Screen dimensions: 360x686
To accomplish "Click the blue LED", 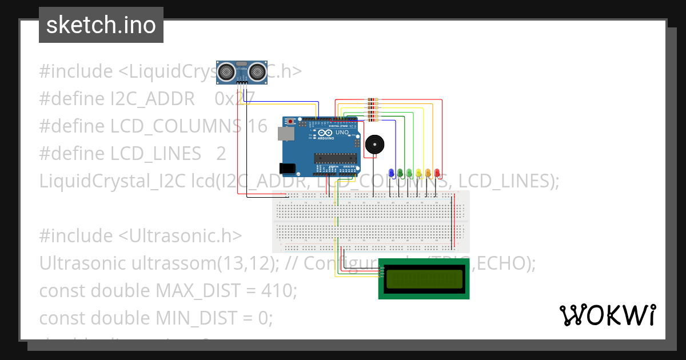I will [391, 172].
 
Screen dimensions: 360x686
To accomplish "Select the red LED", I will [437, 172].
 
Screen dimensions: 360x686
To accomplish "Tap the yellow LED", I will [419, 172].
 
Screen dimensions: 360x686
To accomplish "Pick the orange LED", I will [428, 172].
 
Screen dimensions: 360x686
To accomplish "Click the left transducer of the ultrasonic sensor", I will [228, 72].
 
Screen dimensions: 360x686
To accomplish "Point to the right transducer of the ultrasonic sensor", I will [257, 72].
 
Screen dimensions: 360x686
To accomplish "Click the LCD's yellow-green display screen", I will [424, 279].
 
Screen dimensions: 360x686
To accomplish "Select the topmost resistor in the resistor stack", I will [372, 100].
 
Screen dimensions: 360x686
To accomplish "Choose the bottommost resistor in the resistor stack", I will [372, 119].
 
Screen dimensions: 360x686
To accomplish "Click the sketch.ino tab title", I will [101, 25].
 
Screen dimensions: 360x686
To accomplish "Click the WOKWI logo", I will [607, 315].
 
